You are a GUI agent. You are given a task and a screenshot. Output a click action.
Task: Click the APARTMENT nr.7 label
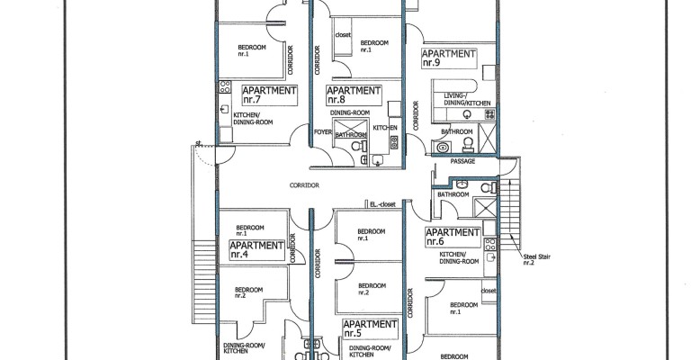click(x=269, y=95)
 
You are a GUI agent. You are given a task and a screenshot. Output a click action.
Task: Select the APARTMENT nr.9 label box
click(x=449, y=58)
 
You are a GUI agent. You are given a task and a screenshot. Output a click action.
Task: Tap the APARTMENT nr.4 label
click(x=256, y=250)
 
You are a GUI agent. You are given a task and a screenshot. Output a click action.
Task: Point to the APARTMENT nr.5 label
click(x=370, y=328)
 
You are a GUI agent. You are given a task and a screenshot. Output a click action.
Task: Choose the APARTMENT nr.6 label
click(x=453, y=237)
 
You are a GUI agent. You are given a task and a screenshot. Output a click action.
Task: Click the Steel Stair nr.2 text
click(x=536, y=259)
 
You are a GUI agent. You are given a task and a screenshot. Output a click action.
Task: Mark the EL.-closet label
click(x=382, y=204)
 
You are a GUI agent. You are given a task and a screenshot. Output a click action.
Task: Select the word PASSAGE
click(x=462, y=161)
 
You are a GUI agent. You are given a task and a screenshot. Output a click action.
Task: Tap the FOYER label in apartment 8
click(x=323, y=131)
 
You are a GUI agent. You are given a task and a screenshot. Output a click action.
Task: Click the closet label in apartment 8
click(x=343, y=34)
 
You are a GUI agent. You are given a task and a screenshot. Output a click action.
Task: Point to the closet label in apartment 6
click(x=489, y=291)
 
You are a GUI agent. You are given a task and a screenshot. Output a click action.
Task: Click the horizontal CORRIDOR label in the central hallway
click(x=304, y=185)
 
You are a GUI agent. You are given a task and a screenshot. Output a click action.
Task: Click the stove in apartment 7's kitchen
click(x=225, y=86)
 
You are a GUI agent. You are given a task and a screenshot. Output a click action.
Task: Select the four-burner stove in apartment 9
click(x=490, y=114)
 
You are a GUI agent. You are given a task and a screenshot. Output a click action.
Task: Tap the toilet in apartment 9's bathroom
click(x=468, y=144)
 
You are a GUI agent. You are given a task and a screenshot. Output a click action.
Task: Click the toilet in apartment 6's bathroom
click(x=487, y=188)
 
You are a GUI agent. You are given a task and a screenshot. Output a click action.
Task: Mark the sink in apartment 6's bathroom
click(x=462, y=183)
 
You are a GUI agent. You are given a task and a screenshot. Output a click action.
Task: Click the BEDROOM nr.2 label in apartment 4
click(x=248, y=292)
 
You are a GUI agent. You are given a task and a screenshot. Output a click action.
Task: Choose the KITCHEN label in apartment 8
click(x=385, y=128)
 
